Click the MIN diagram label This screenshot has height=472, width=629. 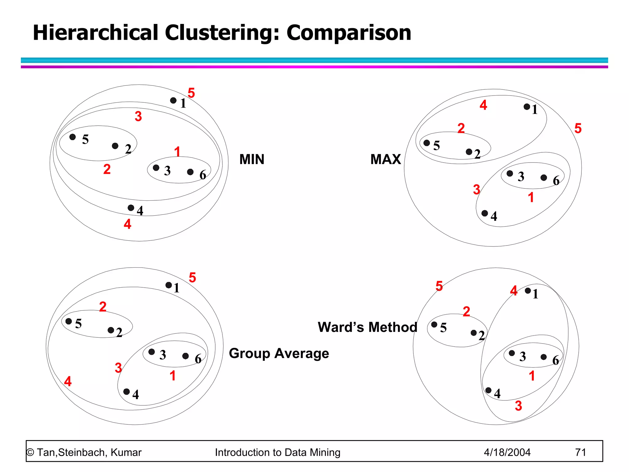(x=252, y=159)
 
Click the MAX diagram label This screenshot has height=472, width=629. (x=385, y=159)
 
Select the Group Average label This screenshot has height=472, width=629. (x=279, y=353)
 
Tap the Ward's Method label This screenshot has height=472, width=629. (x=367, y=327)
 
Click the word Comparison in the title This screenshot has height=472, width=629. (x=349, y=33)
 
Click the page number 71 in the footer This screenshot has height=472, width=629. (x=580, y=452)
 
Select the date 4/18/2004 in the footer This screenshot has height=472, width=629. (x=507, y=452)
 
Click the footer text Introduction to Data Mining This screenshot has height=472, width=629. (x=277, y=452)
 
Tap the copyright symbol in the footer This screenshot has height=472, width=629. (x=30, y=453)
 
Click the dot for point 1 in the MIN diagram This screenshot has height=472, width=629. (x=173, y=100)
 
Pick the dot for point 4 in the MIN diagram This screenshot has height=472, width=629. (x=131, y=208)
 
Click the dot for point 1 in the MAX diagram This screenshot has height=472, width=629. (x=527, y=107)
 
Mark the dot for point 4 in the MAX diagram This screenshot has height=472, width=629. (x=485, y=213)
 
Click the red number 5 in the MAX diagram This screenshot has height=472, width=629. (x=578, y=128)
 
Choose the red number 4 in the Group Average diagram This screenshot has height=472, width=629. (x=68, y=382)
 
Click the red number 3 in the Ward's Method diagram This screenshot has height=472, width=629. (x=518, y=406)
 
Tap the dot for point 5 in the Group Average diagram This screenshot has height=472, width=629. (x=69, y=321)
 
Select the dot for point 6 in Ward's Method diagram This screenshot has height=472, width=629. (x=544, y=357)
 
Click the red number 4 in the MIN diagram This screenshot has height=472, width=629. (x=127, y=224)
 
